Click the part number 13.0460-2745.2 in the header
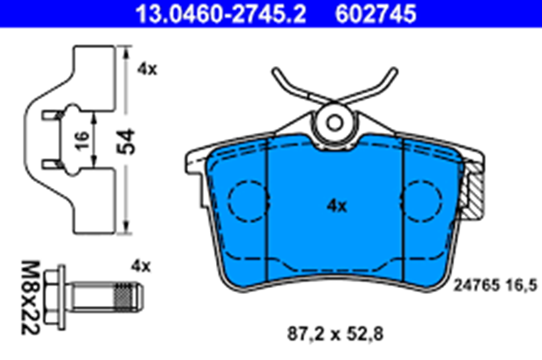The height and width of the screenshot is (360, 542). click(x=220, y=14)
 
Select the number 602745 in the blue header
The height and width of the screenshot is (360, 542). click(x=376, y=14)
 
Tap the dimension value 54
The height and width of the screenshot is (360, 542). click(x=126, y=141)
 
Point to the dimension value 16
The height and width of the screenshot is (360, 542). click(x=82, y=140)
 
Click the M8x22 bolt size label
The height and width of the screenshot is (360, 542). click(x=30, y=298)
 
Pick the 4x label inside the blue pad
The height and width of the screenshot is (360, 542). click(x=337, y=206)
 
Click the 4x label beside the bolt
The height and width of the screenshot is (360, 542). click(x=141, y=266)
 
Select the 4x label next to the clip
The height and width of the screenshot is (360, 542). click(x=147, y=69)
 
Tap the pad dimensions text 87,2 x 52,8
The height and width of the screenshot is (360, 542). click(x=335, y=334)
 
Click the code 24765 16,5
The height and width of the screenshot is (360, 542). click(x=495, y=285)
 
